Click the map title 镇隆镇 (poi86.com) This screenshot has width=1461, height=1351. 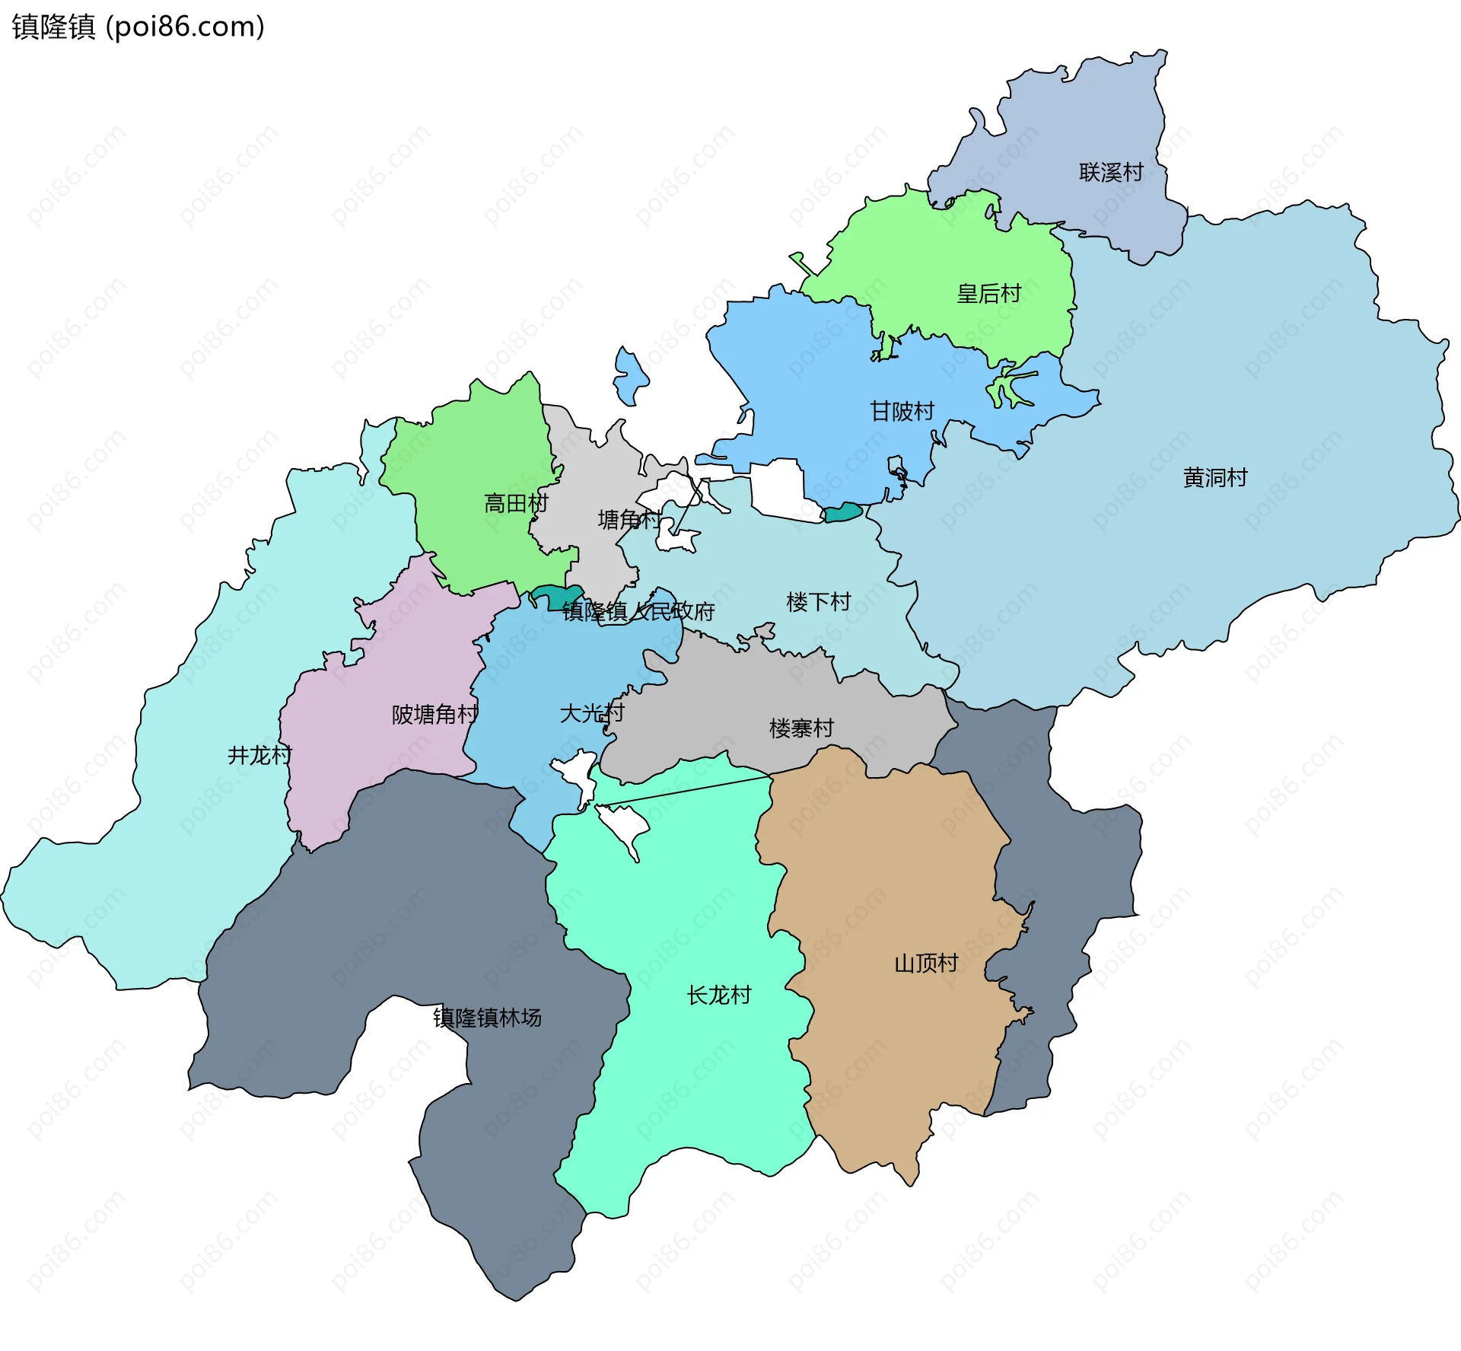[x=138, y=27]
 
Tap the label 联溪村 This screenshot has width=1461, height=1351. [x=1111, y=173]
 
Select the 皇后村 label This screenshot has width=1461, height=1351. [x=988, y=294]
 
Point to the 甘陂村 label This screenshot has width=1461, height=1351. [x=902, y=412]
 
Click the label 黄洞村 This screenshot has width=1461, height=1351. [x=1215, y=478]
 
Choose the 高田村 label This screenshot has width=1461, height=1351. [x=516, y=503]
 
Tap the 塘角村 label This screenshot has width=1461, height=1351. [x=629, y=520]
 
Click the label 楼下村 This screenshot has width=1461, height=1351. [x=818, y=602]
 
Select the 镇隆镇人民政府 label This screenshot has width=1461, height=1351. [x=638, y=611]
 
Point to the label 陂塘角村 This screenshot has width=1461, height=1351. [x=434, y=714]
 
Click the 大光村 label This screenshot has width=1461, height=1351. [x=591, y=713]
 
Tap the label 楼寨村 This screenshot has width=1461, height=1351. [x=801, y=728]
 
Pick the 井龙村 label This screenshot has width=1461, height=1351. [x=259, y=755]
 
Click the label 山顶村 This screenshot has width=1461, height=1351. [x=925, y=964]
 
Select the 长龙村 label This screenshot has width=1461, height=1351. [x=718, y=995]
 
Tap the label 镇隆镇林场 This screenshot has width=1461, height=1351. [x=487, y=1018]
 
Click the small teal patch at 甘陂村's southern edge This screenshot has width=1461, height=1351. [x=843, y=513]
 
